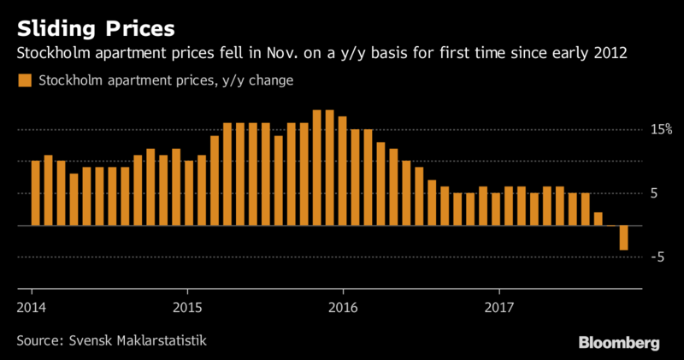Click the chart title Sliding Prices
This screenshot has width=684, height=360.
[97, 27]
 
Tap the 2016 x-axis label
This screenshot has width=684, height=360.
[342, 305]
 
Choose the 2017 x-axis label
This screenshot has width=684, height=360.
[498, 305]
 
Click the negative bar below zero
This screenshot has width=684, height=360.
[624, 238]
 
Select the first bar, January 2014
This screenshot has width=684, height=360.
[35, 192]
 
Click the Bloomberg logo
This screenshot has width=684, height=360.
[619, 342]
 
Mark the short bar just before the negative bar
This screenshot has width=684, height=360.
[598, 219]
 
